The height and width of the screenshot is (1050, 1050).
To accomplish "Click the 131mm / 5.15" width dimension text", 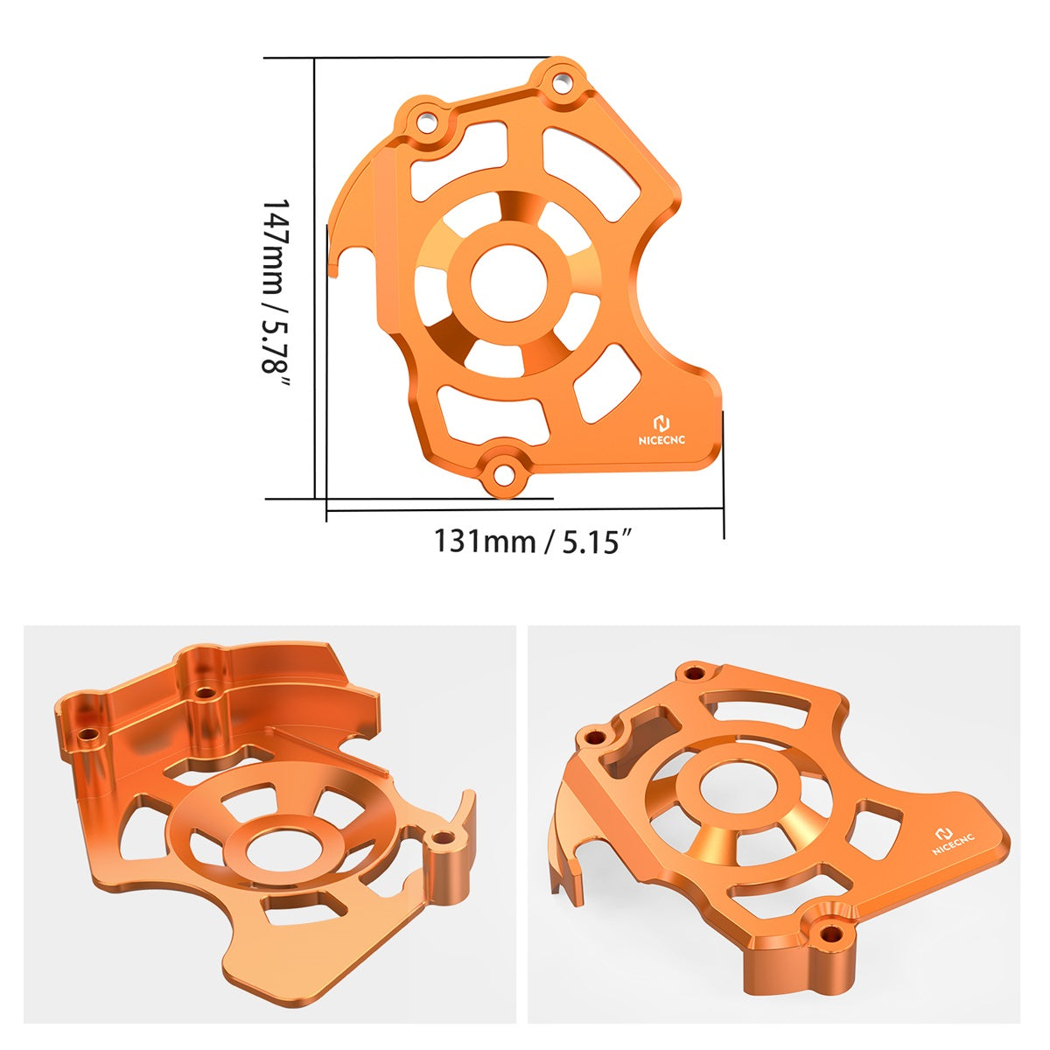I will (533, 541).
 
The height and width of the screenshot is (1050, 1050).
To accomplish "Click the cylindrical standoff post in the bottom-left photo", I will (448, 875).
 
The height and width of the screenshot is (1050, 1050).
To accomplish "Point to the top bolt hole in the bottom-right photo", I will (695, 673).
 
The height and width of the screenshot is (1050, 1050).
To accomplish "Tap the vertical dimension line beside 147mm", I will (315, 280).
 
